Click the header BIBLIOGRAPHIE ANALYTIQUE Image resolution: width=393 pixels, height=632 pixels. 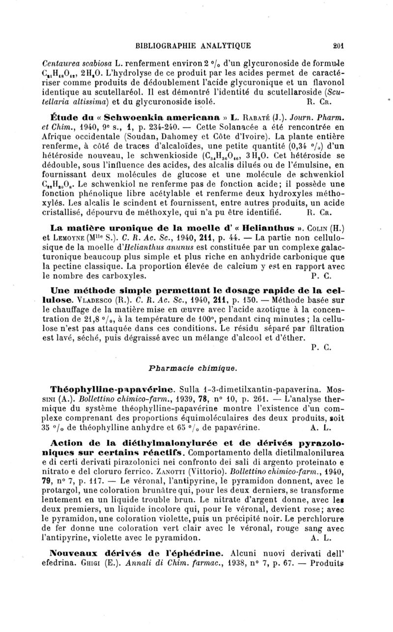[194, 46]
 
